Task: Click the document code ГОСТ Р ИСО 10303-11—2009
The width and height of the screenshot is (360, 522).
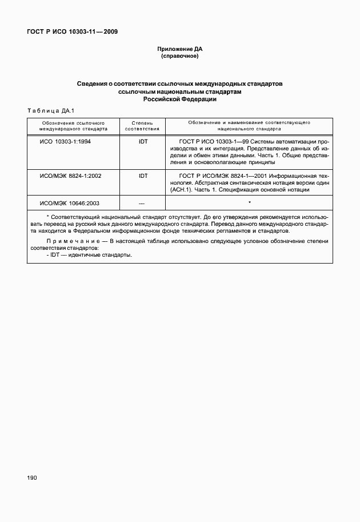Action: pyautogui.click(x=73, y=32)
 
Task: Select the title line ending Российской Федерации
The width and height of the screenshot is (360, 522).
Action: pyautogui.click(x=180, y=99)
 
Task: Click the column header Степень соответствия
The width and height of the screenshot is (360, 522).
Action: pyautogui.click(x=142, y=126)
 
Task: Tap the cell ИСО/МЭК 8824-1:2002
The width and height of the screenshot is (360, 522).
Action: pyautogui.click(x=70, y=176)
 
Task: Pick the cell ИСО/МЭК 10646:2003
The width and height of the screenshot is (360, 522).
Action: pyautogui.click(x=70, y=204)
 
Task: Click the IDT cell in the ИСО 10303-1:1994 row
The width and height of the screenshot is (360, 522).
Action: pyautogui.click(x=142, y=141)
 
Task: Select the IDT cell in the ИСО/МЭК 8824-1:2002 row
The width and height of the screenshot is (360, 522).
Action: pyautogui.click(x=142, y=176)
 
